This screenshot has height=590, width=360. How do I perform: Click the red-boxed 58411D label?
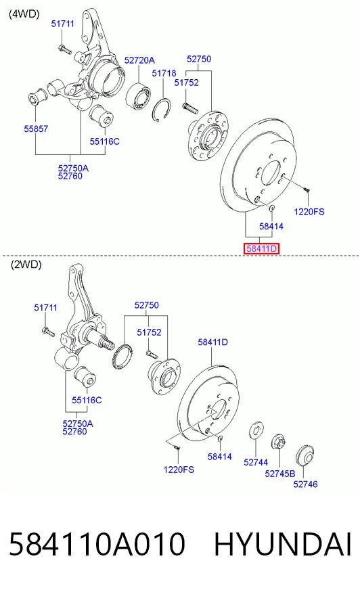click(x=261, y=248)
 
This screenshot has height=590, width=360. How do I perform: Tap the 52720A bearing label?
click(x=139, y=60)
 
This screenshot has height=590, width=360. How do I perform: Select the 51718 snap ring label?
click(x=164, y=73)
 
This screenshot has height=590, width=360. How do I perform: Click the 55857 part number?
click(x=36, y=129)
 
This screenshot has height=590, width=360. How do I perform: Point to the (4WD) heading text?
click(x=24, y=14)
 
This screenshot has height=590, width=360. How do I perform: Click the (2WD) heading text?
click(x=26, y=265)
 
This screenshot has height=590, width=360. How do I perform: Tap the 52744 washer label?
click(x=256, y=462)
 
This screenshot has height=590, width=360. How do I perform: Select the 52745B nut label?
click(x=280, y=474)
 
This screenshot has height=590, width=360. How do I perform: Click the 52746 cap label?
click(x=305, y=484)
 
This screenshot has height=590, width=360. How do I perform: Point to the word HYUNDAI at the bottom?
click(x=283, y=544)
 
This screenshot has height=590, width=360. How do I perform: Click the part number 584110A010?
click(x=97, y=544)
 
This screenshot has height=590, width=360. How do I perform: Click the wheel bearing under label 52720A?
click(x=138, y=96)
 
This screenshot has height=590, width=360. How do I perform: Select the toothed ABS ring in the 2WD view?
click(x=122, y=356)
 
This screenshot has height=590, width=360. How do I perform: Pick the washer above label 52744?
click(x=256, y=430)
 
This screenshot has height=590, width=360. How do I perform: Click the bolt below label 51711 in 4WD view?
click(x=65, y=49)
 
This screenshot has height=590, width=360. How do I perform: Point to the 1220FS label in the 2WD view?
click(x=179, y=470)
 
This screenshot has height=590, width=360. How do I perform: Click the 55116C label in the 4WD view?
click(x=105, y=141)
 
